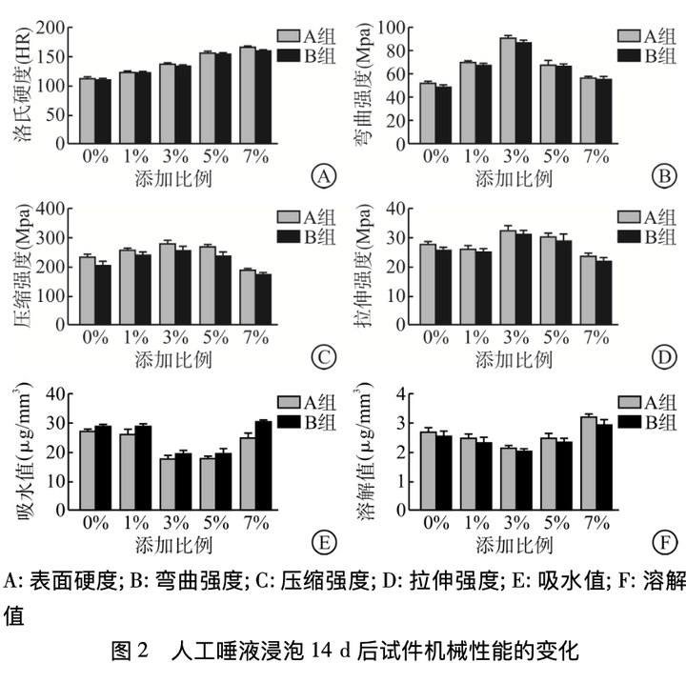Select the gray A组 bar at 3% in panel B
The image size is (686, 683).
507,90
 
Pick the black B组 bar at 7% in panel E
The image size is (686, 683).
263,466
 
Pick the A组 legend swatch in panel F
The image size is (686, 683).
630,402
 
